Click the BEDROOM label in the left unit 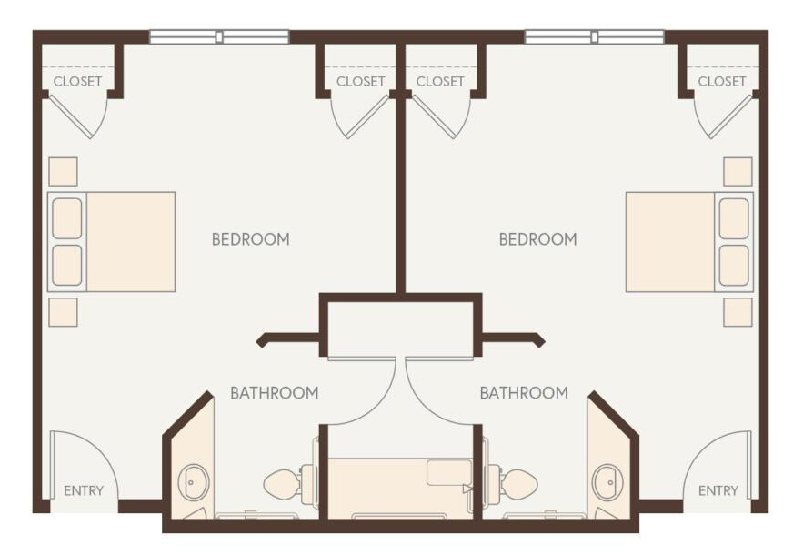click(250, 239)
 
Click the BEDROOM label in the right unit click(537, 239)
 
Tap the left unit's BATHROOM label click(274, 393)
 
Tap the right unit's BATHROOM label click(524, 393)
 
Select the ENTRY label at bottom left click(83, 491)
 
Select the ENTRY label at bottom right click(718, 491)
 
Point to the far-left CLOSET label click(77, 81)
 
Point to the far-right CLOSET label click(722, 81)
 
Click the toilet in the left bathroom click(284, 483)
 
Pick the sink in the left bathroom click(194, 482)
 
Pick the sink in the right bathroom click(606, 482)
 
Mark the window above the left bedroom click(219, 37)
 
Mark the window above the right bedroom click(594, 37)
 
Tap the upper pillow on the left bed click(67, 218)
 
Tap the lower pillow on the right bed click(734, 265)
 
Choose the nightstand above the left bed click(63, 171)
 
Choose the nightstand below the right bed click(738, 311)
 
